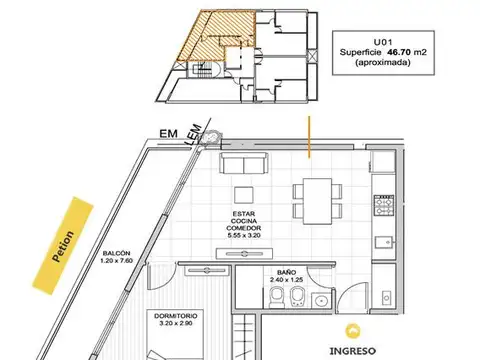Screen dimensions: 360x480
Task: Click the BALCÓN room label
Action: click(116, 255)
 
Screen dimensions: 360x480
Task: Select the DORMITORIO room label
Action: click(176, 316)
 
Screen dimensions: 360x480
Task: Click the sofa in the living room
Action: click(244, 164)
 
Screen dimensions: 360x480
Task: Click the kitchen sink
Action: click(383, 240)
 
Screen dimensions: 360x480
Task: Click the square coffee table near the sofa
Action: click(243, 194)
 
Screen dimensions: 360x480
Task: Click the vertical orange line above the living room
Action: click(309, 136)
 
